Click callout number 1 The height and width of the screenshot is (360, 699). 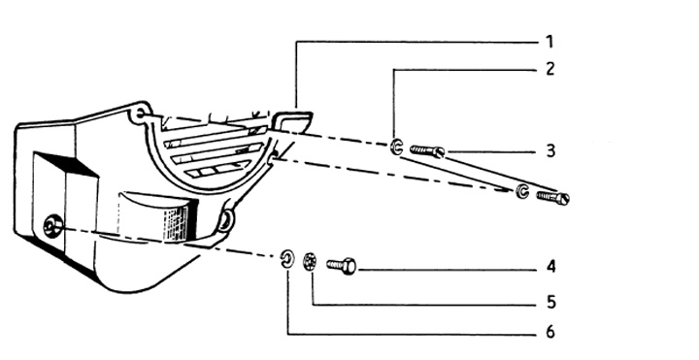pos(549,42)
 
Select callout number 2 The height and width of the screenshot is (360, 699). pos(550,69)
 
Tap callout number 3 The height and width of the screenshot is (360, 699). pos(550,151)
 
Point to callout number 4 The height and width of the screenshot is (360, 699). pos(551,267)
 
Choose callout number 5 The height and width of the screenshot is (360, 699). pos(551,303)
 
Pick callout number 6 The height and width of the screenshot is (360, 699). pos(550,332)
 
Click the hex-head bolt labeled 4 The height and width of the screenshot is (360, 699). pos(342,267)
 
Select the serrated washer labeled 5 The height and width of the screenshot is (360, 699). pos(311,261)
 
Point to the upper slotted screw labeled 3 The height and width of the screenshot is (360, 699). pos(427,151)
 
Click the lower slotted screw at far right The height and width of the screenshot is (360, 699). pos(552,197)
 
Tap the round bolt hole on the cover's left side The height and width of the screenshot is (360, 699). pos(52,226)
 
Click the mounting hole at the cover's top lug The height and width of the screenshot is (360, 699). pos(140,114)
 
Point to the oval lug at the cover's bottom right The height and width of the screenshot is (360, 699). pos(224,221)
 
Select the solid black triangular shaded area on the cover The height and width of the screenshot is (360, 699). pos(67,164)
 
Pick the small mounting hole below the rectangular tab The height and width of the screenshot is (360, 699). pos(275,155)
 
